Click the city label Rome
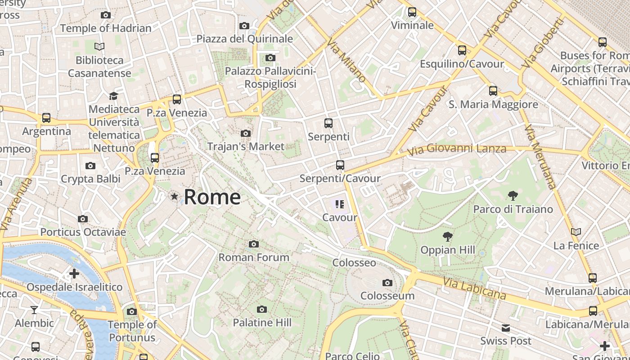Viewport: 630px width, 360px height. click(212, 197)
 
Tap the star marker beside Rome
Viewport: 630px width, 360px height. click(174, 196)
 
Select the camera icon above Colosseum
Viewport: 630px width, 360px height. click(387, 283)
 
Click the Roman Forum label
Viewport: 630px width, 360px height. click(254, 257)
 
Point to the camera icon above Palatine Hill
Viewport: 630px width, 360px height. click(261, 309)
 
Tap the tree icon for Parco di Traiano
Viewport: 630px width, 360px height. click(513, 196)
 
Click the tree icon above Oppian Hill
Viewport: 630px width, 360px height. click(447, 236)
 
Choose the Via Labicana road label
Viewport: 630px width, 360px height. click(474, 288)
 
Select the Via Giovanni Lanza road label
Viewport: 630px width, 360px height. click(457, 148)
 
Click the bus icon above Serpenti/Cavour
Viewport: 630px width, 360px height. click(340, 165)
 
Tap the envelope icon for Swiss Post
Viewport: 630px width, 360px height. click(506, 328)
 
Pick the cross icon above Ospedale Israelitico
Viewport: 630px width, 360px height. click(74, 274)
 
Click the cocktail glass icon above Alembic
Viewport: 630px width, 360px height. click(34, 310)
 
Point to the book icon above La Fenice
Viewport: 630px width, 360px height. click(576, 232)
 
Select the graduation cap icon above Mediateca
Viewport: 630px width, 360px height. click(113, 96)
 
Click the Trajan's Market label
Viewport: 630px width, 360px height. click(246, 146)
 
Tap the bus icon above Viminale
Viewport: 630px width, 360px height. click(412, 12)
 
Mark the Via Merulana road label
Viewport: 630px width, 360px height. click(540, 157)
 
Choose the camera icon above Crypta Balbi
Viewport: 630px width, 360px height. click(90, 166)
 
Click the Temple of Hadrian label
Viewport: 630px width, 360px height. click(106, 28)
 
